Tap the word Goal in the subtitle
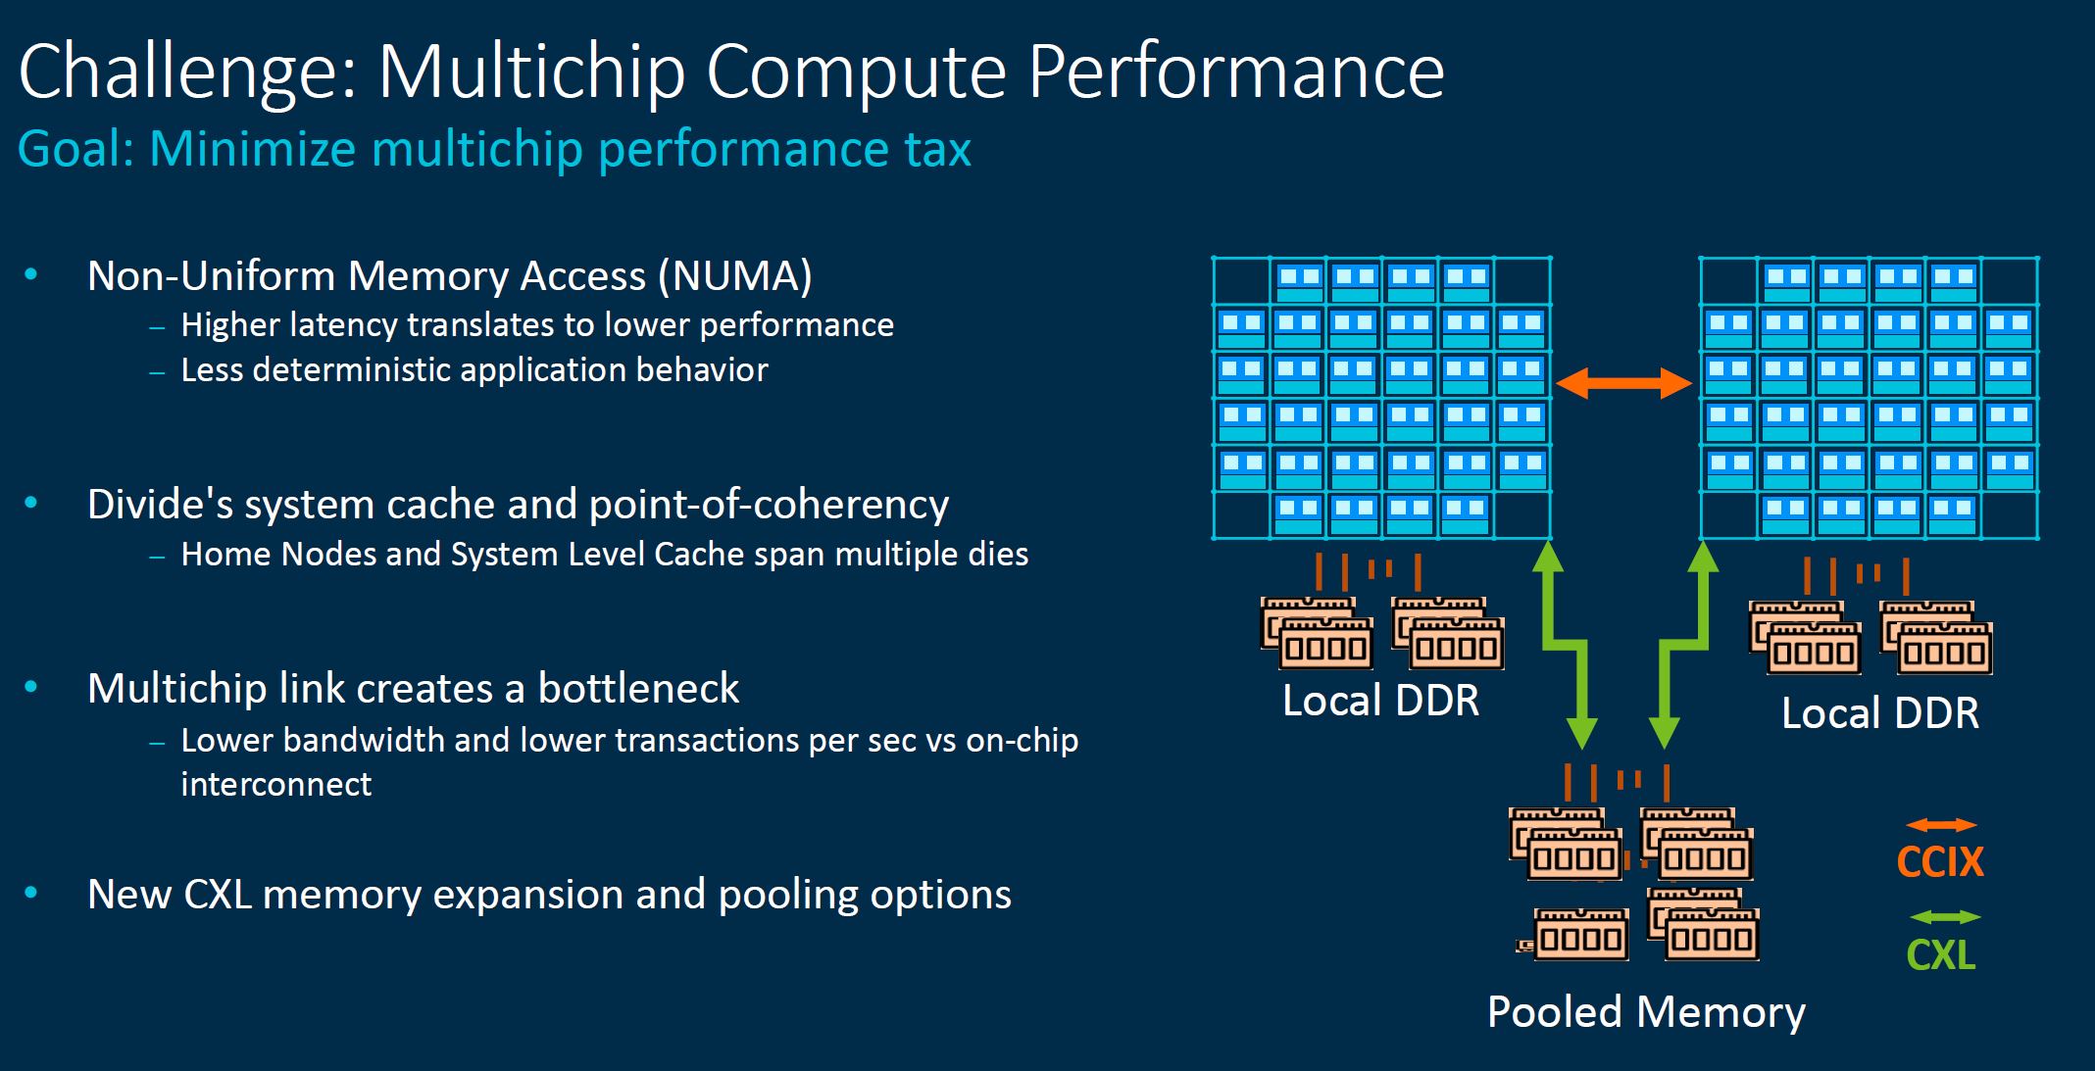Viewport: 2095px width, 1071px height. point(75,150)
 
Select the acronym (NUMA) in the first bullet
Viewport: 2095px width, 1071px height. point(735,276)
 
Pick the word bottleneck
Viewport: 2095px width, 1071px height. point(638,689)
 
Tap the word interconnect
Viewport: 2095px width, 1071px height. point(275,785)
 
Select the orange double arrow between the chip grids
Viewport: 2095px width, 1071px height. point(1623,383)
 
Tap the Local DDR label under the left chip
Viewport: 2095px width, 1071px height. point(1380,701)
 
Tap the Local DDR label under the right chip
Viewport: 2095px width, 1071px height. point(1879,713)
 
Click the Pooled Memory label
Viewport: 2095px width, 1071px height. point(1646,1012)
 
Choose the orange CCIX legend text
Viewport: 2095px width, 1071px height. point(1940,862)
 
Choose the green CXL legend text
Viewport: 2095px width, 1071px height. point(1940,954)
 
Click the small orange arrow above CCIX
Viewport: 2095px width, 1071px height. point(1941,825)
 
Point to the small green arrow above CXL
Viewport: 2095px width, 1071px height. point(1945,917)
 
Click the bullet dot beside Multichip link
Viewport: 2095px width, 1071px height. point(31,688)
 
